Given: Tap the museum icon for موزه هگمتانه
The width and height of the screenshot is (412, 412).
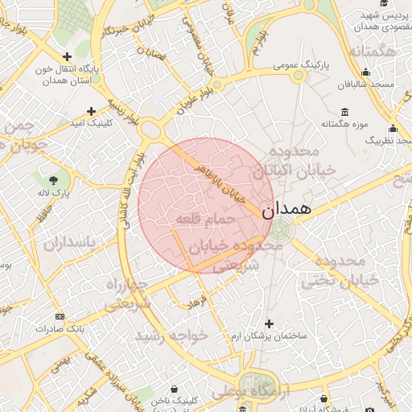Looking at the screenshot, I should (x=345, y=111).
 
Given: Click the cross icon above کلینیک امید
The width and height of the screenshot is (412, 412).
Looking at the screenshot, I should (x=91, y=111).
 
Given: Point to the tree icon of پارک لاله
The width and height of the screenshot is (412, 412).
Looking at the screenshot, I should (x=53, y=179).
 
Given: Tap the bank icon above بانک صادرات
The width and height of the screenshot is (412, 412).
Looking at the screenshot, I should (x=59, y=316).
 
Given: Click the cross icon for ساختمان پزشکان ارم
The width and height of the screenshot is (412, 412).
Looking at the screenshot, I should (x=269, y=323).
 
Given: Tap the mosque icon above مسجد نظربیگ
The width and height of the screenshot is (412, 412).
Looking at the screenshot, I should (x=393, y=128).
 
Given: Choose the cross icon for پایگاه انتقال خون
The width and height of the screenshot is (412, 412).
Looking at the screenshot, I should (x=67, y=56).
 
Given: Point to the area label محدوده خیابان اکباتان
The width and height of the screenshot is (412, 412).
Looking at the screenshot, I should (x=286, y=161).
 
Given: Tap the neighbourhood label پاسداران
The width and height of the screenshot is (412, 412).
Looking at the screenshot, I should (x=68, y=242).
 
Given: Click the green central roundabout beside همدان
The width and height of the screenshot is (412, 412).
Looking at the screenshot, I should (x=282, y=229).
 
